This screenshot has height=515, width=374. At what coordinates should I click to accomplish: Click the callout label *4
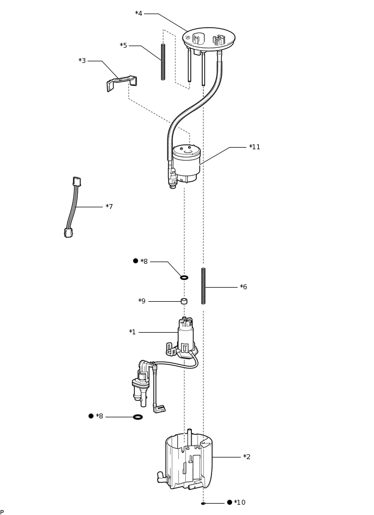point(139,14)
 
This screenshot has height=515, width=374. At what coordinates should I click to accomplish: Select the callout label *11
point(254,147)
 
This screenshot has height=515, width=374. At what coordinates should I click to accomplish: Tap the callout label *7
point(109,207)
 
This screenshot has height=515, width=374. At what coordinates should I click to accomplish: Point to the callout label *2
point(247,457)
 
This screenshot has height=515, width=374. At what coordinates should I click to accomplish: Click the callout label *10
point(240,503)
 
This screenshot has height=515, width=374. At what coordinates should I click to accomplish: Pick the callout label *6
point(244,287)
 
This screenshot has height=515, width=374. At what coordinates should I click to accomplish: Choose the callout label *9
point(142,301)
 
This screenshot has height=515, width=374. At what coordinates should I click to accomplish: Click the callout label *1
point(132,332)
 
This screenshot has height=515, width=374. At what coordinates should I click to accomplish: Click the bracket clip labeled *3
point(122,83)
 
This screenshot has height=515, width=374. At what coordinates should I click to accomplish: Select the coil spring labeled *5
point(163,62)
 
